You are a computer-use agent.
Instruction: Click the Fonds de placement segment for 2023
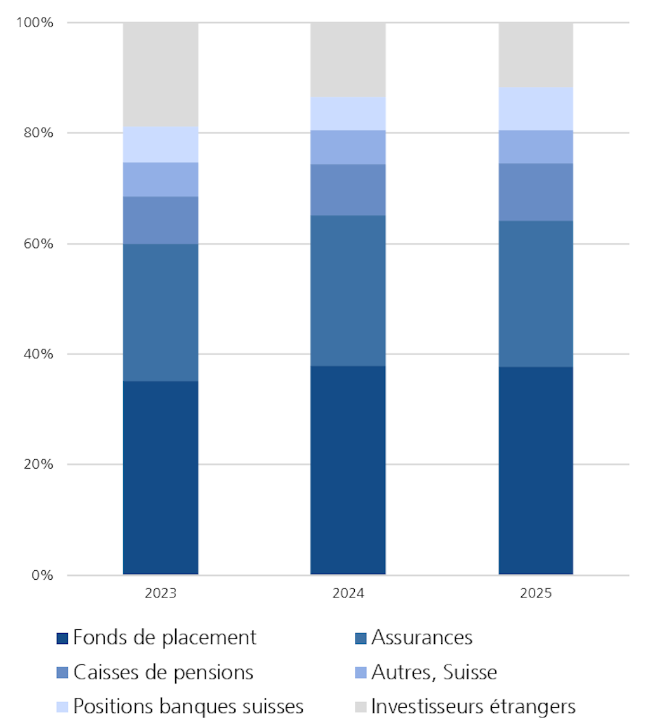point(161,478)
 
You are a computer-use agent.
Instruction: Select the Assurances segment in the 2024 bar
point(348,291)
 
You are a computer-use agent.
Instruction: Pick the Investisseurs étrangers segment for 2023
point(161,74)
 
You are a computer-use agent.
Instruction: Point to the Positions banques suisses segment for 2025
point(536,108)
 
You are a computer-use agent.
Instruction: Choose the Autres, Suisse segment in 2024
point(348,147)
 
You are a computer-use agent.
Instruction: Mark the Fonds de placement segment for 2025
point(536,471)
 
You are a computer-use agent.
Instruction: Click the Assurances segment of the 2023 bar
point(161,312)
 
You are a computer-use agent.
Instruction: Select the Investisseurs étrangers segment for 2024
point(348,60)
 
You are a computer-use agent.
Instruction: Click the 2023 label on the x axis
point(161,594)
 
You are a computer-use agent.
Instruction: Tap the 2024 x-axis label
point(348,594)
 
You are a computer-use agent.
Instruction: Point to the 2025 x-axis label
point(536,594)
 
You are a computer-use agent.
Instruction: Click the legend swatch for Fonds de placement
point(62,638)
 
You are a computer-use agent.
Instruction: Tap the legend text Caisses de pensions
point(163,672)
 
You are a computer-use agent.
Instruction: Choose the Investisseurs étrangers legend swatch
point(360,707)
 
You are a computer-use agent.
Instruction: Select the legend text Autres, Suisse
point(434,672)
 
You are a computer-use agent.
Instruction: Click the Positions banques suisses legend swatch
point(62,707)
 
